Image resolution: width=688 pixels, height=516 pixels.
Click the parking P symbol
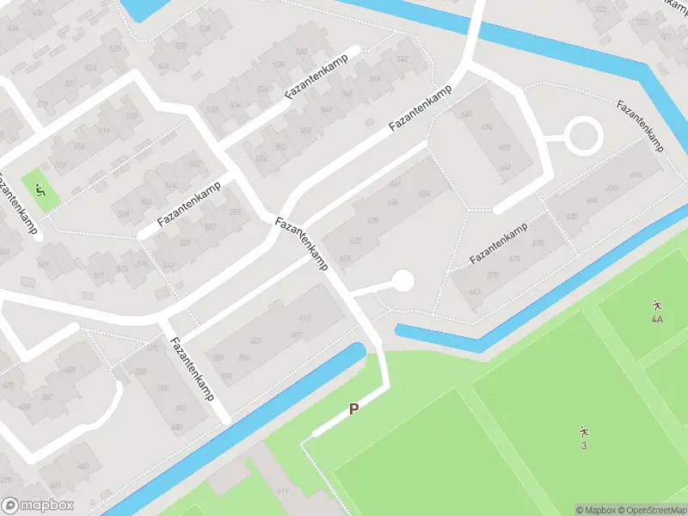pos(353,409)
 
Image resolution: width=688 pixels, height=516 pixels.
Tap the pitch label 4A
pos(657,319)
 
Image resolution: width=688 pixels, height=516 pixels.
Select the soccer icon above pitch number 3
pos(584,431)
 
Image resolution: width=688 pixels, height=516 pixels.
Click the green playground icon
pos(40,189)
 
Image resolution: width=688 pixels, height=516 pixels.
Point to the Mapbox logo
pos(38,506)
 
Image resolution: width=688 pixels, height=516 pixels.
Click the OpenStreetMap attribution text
pos(648,510)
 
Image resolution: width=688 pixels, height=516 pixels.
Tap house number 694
pos(636,175)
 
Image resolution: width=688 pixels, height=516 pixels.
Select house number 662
pos(475,292)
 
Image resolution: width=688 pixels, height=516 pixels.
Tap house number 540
pos(301,53)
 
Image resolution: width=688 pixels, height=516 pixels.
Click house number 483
pos(83,466)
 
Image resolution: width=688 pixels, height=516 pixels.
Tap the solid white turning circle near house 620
pos(402,280)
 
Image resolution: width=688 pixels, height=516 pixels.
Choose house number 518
pos(132,116)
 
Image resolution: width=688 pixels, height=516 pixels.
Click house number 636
pos(393,203)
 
